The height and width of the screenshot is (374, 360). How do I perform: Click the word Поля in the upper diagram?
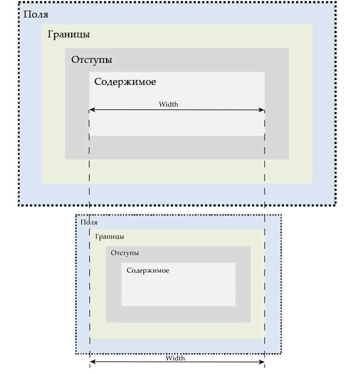coord(36,15)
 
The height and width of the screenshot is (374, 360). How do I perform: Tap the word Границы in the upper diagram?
coord(69,35)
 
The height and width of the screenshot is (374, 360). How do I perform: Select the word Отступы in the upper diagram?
coord(92,60)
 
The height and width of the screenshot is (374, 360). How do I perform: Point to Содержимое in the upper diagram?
coord(125,82)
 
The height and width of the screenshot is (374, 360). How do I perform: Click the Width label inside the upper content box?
coord(168,104)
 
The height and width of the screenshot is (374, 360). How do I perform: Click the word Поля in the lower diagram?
coord(89,222)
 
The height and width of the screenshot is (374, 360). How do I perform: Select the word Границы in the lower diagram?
coord(109,237)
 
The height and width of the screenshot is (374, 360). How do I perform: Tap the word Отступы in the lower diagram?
coord(125,253)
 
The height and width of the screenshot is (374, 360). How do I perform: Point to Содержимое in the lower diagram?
coord(148,270)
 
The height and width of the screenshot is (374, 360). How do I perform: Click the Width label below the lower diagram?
coord(175,358)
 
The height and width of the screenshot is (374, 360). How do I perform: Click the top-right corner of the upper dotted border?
coord(336,2)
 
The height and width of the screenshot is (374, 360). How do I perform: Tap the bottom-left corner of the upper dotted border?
coord(19,205)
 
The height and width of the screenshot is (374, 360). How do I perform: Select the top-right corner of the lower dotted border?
coord(281,215)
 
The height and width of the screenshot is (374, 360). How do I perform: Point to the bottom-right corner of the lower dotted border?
coord(281,353)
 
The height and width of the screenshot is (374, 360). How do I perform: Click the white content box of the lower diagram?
coord(179,284)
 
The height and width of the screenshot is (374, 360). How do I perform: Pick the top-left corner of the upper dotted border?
coord(19,2)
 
